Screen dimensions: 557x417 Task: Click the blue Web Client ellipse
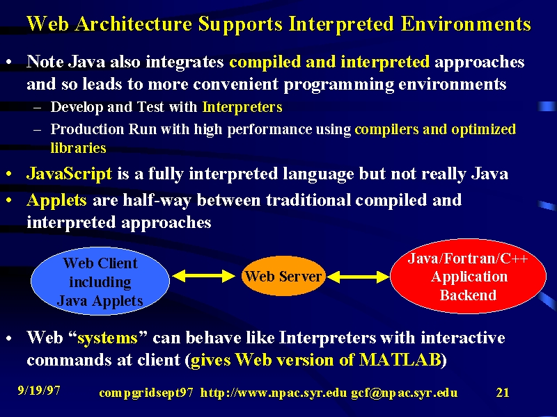(x=100, y=281)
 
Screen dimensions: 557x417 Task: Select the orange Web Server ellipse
(x=283, y=276)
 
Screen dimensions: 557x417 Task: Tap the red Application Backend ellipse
(x=468, y=276)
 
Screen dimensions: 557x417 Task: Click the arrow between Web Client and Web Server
(x=203, y=276)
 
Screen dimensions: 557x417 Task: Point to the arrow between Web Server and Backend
(x=358, y=277)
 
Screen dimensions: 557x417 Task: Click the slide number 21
(x=503, y=392)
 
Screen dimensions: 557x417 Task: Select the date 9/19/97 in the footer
(x=39, y=391)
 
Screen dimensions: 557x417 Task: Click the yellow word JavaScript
(x=69, y=174)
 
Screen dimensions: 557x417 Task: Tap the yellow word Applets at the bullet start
(x=56, y=200)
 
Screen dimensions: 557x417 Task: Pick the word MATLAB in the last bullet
(x=400, y=360)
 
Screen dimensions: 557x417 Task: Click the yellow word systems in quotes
(x=107, y=338)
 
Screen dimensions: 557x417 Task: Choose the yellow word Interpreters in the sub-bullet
(x=242, y=107)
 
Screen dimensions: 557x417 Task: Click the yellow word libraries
(x=78, y=148)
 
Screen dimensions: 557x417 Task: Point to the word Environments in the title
(x=466, y=24)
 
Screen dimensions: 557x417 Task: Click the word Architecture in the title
(x=134, y=24)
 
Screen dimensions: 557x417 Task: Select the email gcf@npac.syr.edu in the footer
(x=405, y=393)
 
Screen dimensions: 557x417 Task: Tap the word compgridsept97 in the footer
(x=146, y=393)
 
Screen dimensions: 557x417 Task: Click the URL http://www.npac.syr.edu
(x=273, y=393)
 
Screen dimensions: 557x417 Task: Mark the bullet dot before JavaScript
(x=9, y=174)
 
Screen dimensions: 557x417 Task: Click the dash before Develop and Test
(x=38, y=108)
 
